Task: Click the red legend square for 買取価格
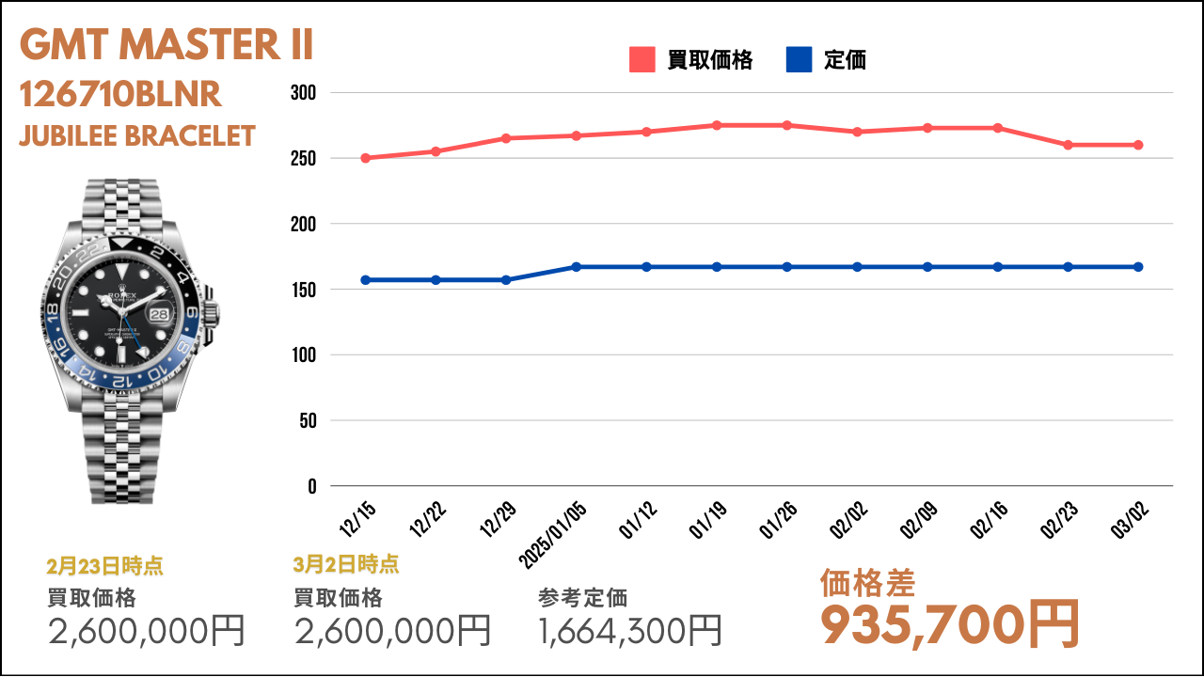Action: tap(642, 60)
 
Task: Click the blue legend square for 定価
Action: tap(797, 60)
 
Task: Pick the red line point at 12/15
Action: tap(365, 158)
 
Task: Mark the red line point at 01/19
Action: tap(717, 125)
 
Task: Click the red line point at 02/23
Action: tap(1068, 145)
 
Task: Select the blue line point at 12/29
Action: tap(506, 280)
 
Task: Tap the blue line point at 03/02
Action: tap(1138, 267)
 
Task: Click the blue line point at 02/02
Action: tap(857, 267)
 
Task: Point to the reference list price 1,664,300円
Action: tap(630, 630)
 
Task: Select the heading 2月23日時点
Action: tap(104, 566)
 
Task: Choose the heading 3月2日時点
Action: tap(346, 564)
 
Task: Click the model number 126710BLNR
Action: tap(120, 94)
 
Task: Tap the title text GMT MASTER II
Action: tap(166, 44)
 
